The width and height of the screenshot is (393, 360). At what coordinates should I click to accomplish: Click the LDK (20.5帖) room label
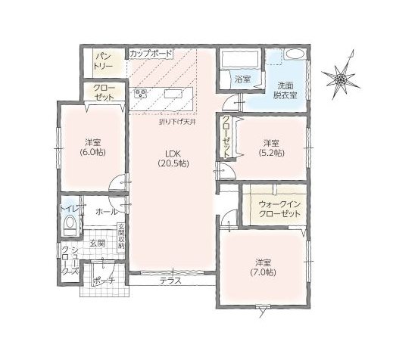pyautogui.click(x=173, y=158)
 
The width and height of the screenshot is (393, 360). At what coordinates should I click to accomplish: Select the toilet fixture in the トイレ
pyautogui.click(x=70, y=226)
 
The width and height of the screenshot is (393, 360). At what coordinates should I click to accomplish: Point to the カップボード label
pyautogui.click(x=151, y=54)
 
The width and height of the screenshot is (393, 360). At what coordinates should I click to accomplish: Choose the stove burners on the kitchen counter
pyautogui.click(x=141, y=94)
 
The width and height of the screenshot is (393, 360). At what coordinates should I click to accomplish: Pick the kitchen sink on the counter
pyautogui.click(x=173, y=94)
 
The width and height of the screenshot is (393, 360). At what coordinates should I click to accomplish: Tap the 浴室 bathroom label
pyautogui.click(x=242, y=79)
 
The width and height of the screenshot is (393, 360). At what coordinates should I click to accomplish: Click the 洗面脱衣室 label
pyautogui.click(x=285, y=90)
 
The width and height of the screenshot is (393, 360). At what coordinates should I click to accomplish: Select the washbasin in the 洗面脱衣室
pyautogui.click(x=295, y=54)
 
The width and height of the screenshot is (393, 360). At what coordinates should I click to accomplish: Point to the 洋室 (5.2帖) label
pyautogui.click(x=271, y=148)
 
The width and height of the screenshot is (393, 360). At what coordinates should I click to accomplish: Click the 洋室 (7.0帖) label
pyautogui.click(x=263, y=268)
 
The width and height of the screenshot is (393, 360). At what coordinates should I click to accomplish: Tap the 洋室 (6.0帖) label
pyautogui.click(x=92, y=147)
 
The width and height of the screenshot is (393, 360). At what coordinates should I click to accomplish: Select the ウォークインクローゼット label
pyautogui.click(x=280, y=209)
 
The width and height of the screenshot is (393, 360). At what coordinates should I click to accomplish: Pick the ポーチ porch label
pyautogui.click(x=104, y=281)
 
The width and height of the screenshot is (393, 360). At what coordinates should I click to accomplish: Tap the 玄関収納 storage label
pyautogui.click(x=120, y=237)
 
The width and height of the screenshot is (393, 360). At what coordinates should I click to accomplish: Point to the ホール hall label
pyautogui.click(x=107, y=212)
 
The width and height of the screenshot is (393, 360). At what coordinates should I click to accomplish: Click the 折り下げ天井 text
pyautogui.click(x=177, y=123)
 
